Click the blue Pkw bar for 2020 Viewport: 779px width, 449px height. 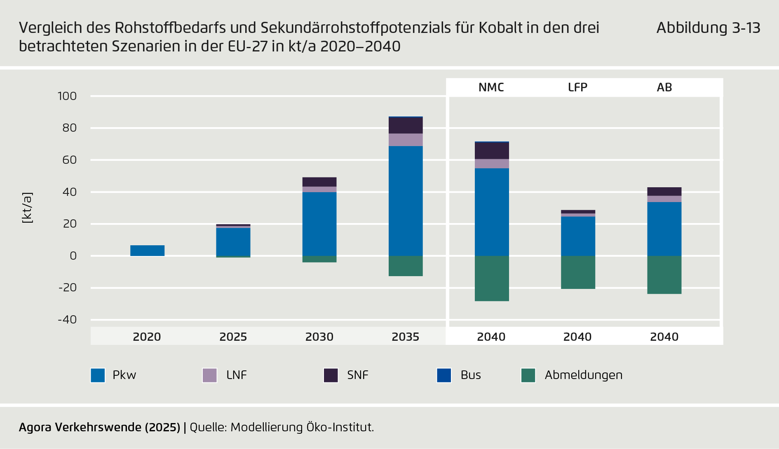(x=147, y=251)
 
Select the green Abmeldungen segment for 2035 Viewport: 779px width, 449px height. (x=406, y=266)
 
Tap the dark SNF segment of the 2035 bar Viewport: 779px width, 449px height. (x=406, y=126)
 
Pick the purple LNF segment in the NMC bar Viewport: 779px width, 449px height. (x=492, y=164)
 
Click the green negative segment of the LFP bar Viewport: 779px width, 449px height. (x=578, y=272)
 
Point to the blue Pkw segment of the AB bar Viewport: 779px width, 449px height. (x=664, y=229)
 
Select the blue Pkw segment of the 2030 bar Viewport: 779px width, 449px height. (x=319, y=224)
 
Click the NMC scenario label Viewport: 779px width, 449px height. (x=491, y=87)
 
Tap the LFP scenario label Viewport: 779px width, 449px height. (x=577, y=87)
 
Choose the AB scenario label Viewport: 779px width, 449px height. (x=664, y=87)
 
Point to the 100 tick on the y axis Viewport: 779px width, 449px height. (x=67, y=96)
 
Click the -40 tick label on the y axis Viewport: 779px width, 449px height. (x=67, y=320)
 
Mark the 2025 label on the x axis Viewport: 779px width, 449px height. (x=233, y=337)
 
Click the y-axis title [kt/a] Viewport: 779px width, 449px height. (x=27, y=208)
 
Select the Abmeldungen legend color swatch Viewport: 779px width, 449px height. (x=528, y=375)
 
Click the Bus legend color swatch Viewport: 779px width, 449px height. (x=444, y=375)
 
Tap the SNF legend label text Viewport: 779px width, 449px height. (x=357, y=375)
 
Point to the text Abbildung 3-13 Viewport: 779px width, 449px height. (x=708, y=28)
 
